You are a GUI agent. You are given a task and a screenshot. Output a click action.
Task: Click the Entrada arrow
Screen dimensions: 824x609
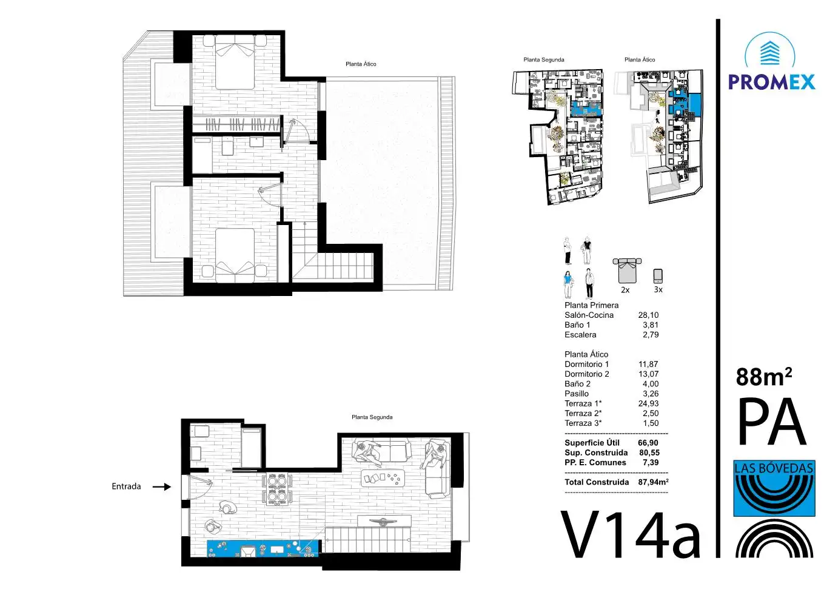(162, 486)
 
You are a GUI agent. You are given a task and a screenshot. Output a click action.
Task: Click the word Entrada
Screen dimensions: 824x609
(126, 486)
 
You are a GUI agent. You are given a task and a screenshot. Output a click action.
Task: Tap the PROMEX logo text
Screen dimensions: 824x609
(772, 82)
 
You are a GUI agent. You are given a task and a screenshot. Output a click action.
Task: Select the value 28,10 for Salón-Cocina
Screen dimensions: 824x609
(648, 315)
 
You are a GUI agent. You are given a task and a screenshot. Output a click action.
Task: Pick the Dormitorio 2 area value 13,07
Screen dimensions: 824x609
(648, 374)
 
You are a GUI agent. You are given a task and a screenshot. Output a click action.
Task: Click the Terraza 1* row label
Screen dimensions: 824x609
(583, 403)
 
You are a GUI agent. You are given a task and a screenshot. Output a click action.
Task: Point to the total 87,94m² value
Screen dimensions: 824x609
(653, 482)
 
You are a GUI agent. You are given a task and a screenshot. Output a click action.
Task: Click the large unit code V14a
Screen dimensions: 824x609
(630, 536)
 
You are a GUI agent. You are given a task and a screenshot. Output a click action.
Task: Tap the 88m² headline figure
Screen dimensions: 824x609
(764, 377)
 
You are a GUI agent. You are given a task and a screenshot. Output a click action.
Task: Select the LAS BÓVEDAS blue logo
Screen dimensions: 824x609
(774, 488)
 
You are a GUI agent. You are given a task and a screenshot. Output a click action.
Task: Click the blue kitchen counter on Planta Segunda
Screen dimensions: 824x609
(263, 549)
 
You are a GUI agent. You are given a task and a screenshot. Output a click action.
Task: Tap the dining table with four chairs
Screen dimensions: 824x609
(276, 489)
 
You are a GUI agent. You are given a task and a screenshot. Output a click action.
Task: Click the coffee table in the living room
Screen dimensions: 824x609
(383, 478)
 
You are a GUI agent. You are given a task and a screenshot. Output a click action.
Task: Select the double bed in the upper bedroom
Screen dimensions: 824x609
(235, 62)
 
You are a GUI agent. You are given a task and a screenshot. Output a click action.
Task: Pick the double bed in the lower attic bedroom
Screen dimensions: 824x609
(235, 256)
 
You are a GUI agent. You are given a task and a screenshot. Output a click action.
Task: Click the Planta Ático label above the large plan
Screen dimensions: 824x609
(361, 64)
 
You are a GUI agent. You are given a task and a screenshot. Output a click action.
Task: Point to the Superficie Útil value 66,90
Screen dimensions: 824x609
(648, 443)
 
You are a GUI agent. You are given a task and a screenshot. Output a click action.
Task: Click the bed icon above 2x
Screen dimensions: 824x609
(627, 271)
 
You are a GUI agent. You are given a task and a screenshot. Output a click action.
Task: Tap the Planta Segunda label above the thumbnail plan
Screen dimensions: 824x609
(543, 59)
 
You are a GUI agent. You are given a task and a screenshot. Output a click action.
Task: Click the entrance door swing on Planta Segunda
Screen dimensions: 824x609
(201, 486)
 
